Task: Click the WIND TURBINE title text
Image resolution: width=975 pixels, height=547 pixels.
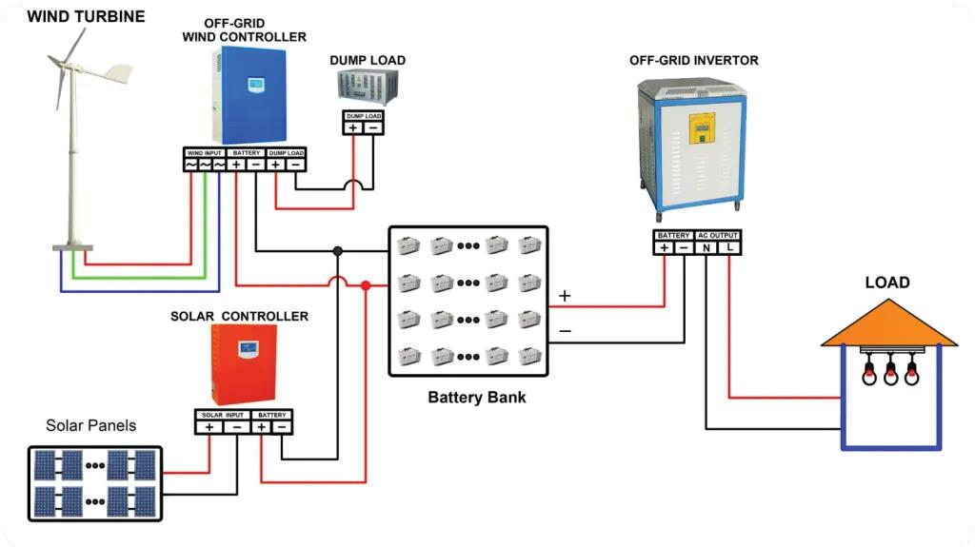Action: click(86, 16)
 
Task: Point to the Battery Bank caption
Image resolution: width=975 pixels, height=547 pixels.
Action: click(476, 397)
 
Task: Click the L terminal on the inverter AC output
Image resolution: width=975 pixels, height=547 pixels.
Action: click(729, 247)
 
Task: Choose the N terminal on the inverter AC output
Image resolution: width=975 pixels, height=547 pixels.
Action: click(706, 247)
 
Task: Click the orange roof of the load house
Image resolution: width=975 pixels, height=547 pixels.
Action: click(888, 324)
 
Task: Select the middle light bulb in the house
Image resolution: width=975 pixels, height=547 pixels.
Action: click(890, 373)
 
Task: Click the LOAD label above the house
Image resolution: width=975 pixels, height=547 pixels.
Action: click(886, 283)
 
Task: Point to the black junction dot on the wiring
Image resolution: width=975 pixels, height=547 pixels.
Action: click(337, 251)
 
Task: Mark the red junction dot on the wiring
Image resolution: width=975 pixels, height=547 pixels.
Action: click(366, 285)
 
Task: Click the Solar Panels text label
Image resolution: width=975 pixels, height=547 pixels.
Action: click(90, 425)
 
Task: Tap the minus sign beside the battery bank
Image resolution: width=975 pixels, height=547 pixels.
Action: click(565, 331)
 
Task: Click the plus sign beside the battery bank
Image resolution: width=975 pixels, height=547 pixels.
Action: click(565, 296)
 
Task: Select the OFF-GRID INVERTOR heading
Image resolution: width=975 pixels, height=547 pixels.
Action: click(693, 61)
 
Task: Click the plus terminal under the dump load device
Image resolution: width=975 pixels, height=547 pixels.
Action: click(353, 127)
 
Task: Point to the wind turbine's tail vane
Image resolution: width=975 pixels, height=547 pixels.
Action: click(116, 73)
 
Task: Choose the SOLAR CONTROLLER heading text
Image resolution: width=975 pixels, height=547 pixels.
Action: click(239, 316)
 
